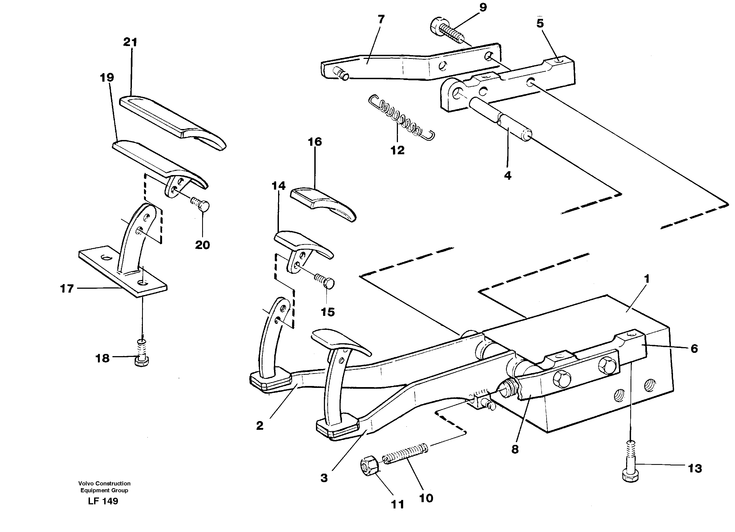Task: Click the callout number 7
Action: point(381,19)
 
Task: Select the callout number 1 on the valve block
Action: point(646,279)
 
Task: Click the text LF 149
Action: point(103,501)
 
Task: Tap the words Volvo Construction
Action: point(104,484)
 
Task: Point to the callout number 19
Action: point(107,78)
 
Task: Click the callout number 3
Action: point(324,478)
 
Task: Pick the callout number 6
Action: point(694,349)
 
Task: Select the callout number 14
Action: point(278,186)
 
